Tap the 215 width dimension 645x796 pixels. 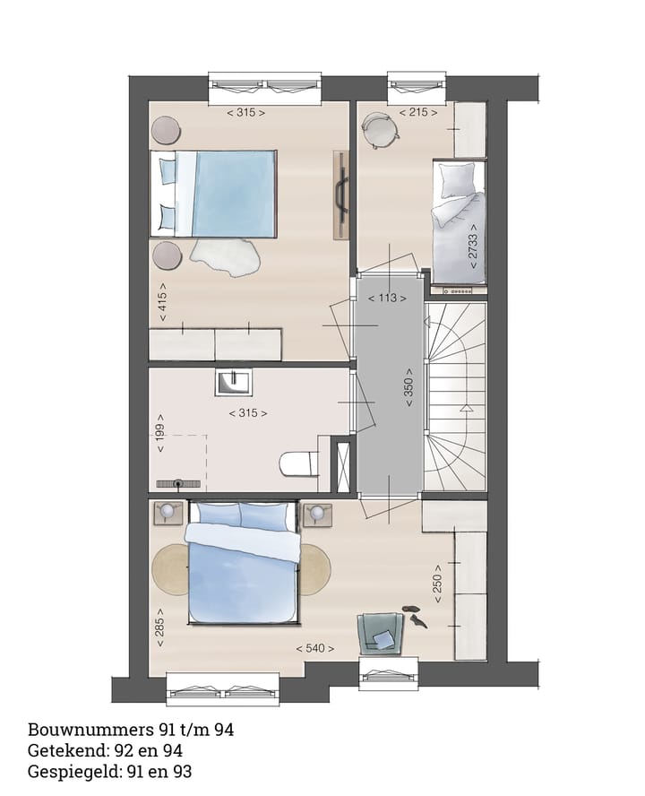pyautogui.click(x=419, y=113)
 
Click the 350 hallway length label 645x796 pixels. pyautogui.click(x=408, y=388)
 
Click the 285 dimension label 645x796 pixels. pyautogui.click(x=162, y=626)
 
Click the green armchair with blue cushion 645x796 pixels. pyautogui.click(x=379, y=634)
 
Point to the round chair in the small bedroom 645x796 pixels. pyautogui.click(x=380, y=132)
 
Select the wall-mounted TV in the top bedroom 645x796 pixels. pyautogui.click(x=340, y=195)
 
